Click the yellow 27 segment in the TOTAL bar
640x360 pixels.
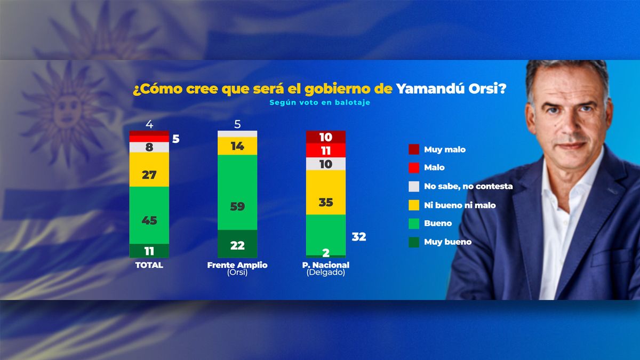[149, 170]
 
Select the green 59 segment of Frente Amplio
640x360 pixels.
[237, 193]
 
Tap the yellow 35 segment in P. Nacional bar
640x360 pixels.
[326, 193]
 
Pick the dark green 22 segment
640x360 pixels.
[237, 244]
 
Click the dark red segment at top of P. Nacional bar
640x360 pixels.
[326, 137]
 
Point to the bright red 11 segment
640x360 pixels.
[326, 150]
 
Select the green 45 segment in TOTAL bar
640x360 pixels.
[149, 215]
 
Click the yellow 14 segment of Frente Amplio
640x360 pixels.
[237, 146]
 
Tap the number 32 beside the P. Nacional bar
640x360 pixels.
[359, 237]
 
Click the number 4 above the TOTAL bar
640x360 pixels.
[149, 124]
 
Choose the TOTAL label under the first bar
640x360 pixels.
[149, 265]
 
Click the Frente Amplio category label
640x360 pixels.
[237, 265]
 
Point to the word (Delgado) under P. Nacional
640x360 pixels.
[326, 273]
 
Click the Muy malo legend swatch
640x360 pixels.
[414, 149]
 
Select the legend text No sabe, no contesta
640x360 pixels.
[468, 186]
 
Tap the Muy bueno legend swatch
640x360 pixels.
[414, 242]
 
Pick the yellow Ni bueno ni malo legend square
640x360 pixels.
[414, 205]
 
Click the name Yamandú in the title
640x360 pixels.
[430, 89]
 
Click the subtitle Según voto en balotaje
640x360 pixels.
[319, 102]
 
